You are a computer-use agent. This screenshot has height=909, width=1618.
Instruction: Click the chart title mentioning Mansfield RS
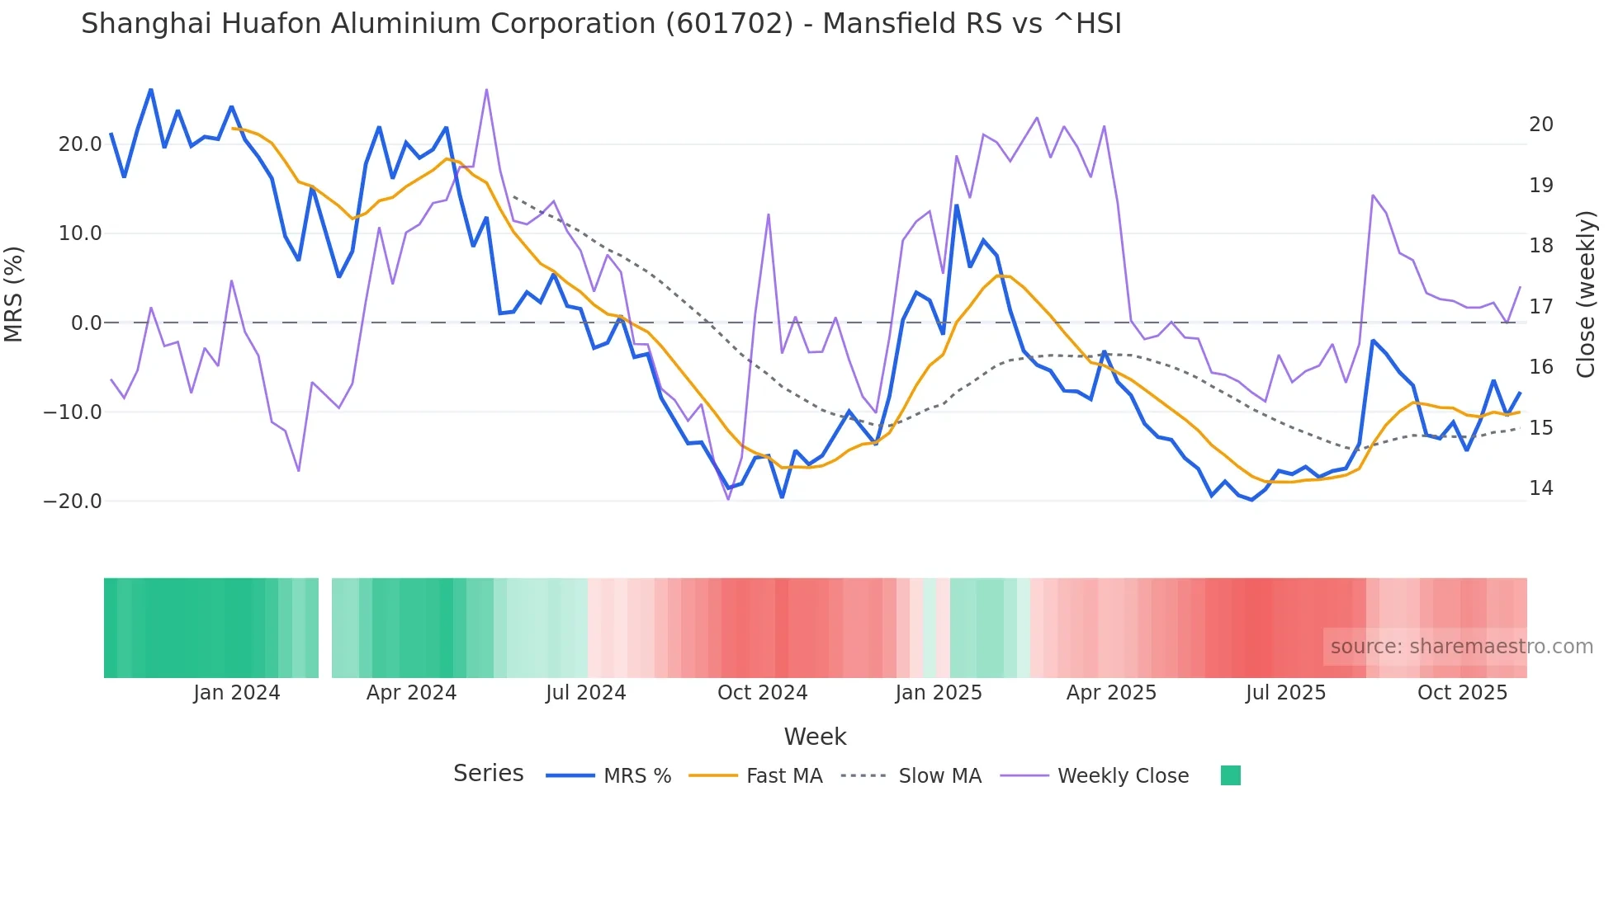point(601,24)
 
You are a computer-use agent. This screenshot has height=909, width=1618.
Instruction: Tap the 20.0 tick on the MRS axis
point(79,144)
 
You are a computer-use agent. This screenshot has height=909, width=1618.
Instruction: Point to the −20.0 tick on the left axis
point(73,502)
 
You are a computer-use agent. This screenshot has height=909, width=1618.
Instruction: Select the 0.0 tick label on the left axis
point(86,323)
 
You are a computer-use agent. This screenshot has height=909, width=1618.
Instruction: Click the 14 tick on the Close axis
point(1540,488)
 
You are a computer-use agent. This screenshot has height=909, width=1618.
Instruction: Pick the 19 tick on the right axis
point(1540,186)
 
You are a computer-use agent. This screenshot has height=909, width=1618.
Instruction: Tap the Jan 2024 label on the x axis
point(237,693)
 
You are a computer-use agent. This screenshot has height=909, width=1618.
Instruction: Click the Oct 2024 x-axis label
point(762,693)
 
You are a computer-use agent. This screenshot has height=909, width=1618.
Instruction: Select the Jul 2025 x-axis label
point(1285,693)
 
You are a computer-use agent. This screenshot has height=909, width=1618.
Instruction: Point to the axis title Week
point(815,737)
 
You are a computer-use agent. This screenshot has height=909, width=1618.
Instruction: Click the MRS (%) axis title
point(14,294)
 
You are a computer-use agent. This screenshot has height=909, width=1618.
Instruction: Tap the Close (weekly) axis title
point(1585,294)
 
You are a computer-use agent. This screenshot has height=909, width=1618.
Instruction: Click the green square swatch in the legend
point(1230,775)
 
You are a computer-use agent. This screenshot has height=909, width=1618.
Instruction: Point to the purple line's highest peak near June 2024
point(486,90)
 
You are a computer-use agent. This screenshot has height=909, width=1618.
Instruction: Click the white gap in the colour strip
point(325,628)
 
